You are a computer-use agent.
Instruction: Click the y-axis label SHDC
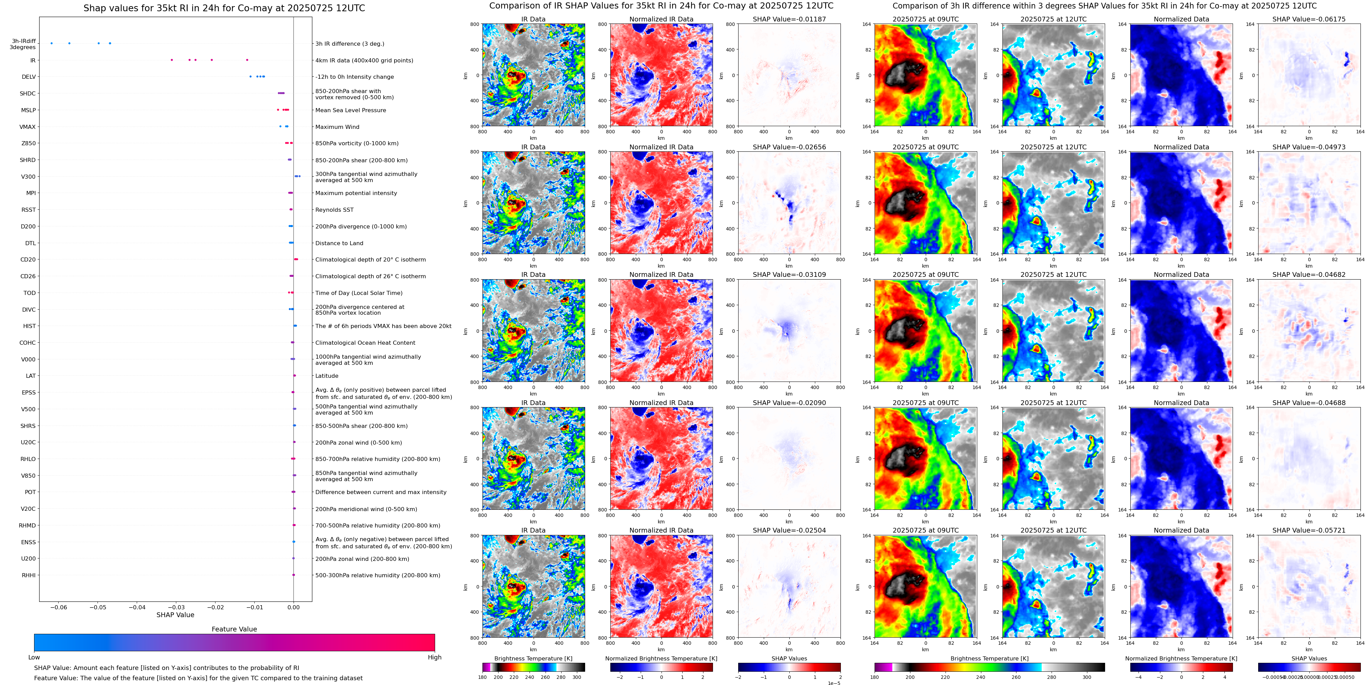coord(28,93)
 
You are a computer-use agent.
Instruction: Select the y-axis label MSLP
coord(28,110)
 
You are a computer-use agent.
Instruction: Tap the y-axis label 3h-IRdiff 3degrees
coord(24,44)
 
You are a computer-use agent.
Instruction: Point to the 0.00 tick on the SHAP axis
coord(293,607)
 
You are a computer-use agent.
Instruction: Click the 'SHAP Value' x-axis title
coord(175,615)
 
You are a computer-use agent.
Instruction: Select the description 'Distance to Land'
coord(339,243)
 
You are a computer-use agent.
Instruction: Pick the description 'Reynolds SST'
coord(334,210)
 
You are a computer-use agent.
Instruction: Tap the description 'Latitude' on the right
coord(327,376)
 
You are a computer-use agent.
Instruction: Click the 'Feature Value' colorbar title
coord(234,629)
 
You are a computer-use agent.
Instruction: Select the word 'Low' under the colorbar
coord(34,657)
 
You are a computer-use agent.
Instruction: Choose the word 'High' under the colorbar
coord(435,657)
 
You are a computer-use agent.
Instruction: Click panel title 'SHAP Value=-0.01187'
coord(789,19)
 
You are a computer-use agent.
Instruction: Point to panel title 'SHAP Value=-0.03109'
coord(789,275)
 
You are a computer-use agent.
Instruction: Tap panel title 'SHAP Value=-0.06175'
coord(1309,19)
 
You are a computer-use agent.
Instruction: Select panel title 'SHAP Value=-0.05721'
coord(1309,530)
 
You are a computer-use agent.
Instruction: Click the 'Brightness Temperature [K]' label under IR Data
coord(533,658)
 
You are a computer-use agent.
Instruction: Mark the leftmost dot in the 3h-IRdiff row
coord(51,43)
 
